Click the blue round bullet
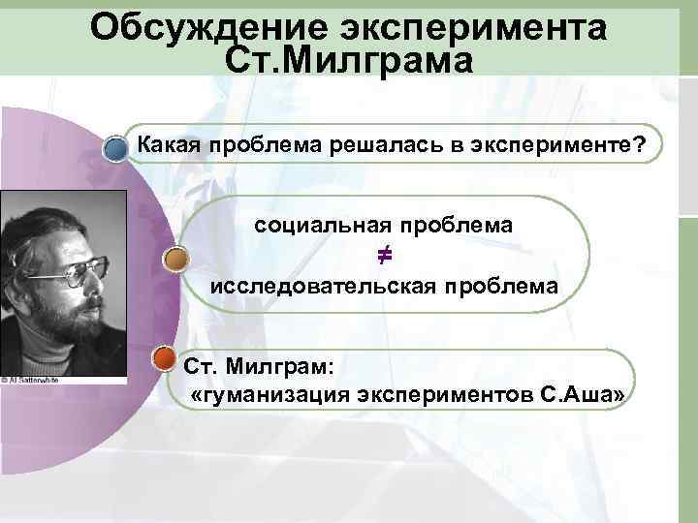point(116,150)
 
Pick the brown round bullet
point(174,260)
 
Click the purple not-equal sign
point(384,256)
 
